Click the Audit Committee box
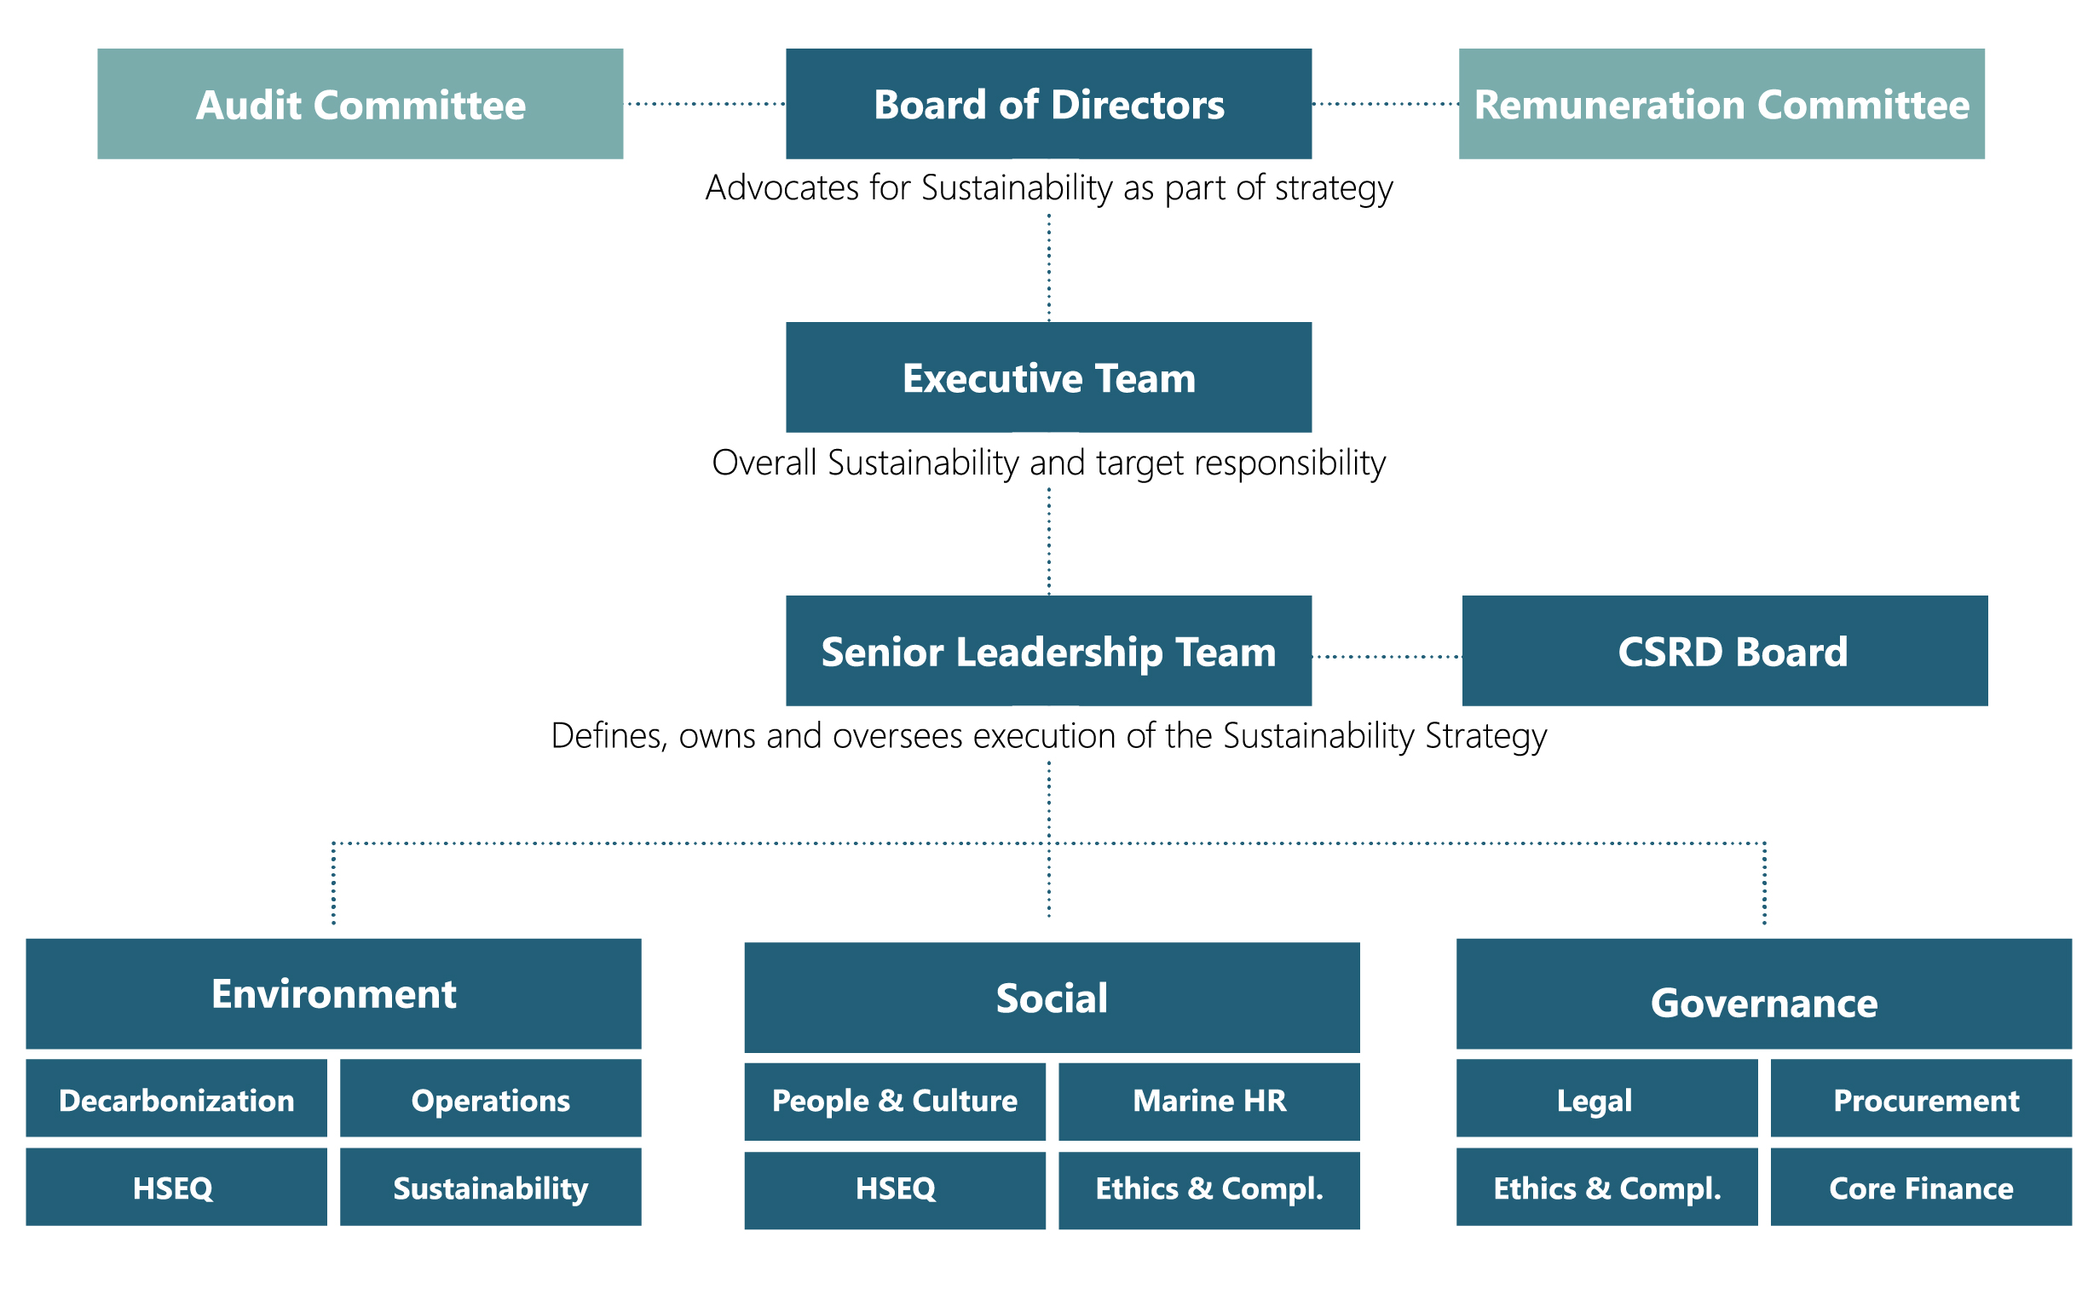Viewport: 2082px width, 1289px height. [x=359, y=104]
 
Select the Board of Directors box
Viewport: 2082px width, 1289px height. [x=1048, y=104]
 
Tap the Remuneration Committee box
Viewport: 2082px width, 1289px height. [x=1720, y=104]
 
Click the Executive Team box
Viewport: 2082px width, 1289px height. [x=1048, y=377]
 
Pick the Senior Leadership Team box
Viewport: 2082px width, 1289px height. [x=1048, y=651]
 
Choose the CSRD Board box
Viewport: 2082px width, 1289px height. [x=1723, y=651]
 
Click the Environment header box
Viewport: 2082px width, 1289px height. [x=332, y=993]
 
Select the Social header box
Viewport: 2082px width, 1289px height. [x=1051, y=997]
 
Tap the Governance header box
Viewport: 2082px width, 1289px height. [x=1762, y=993]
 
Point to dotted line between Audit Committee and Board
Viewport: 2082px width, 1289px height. [x=705, y=104]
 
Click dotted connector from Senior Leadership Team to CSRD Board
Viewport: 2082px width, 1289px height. [x=1385, y=657]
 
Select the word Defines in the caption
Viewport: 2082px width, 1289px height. [x=607, y=735]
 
